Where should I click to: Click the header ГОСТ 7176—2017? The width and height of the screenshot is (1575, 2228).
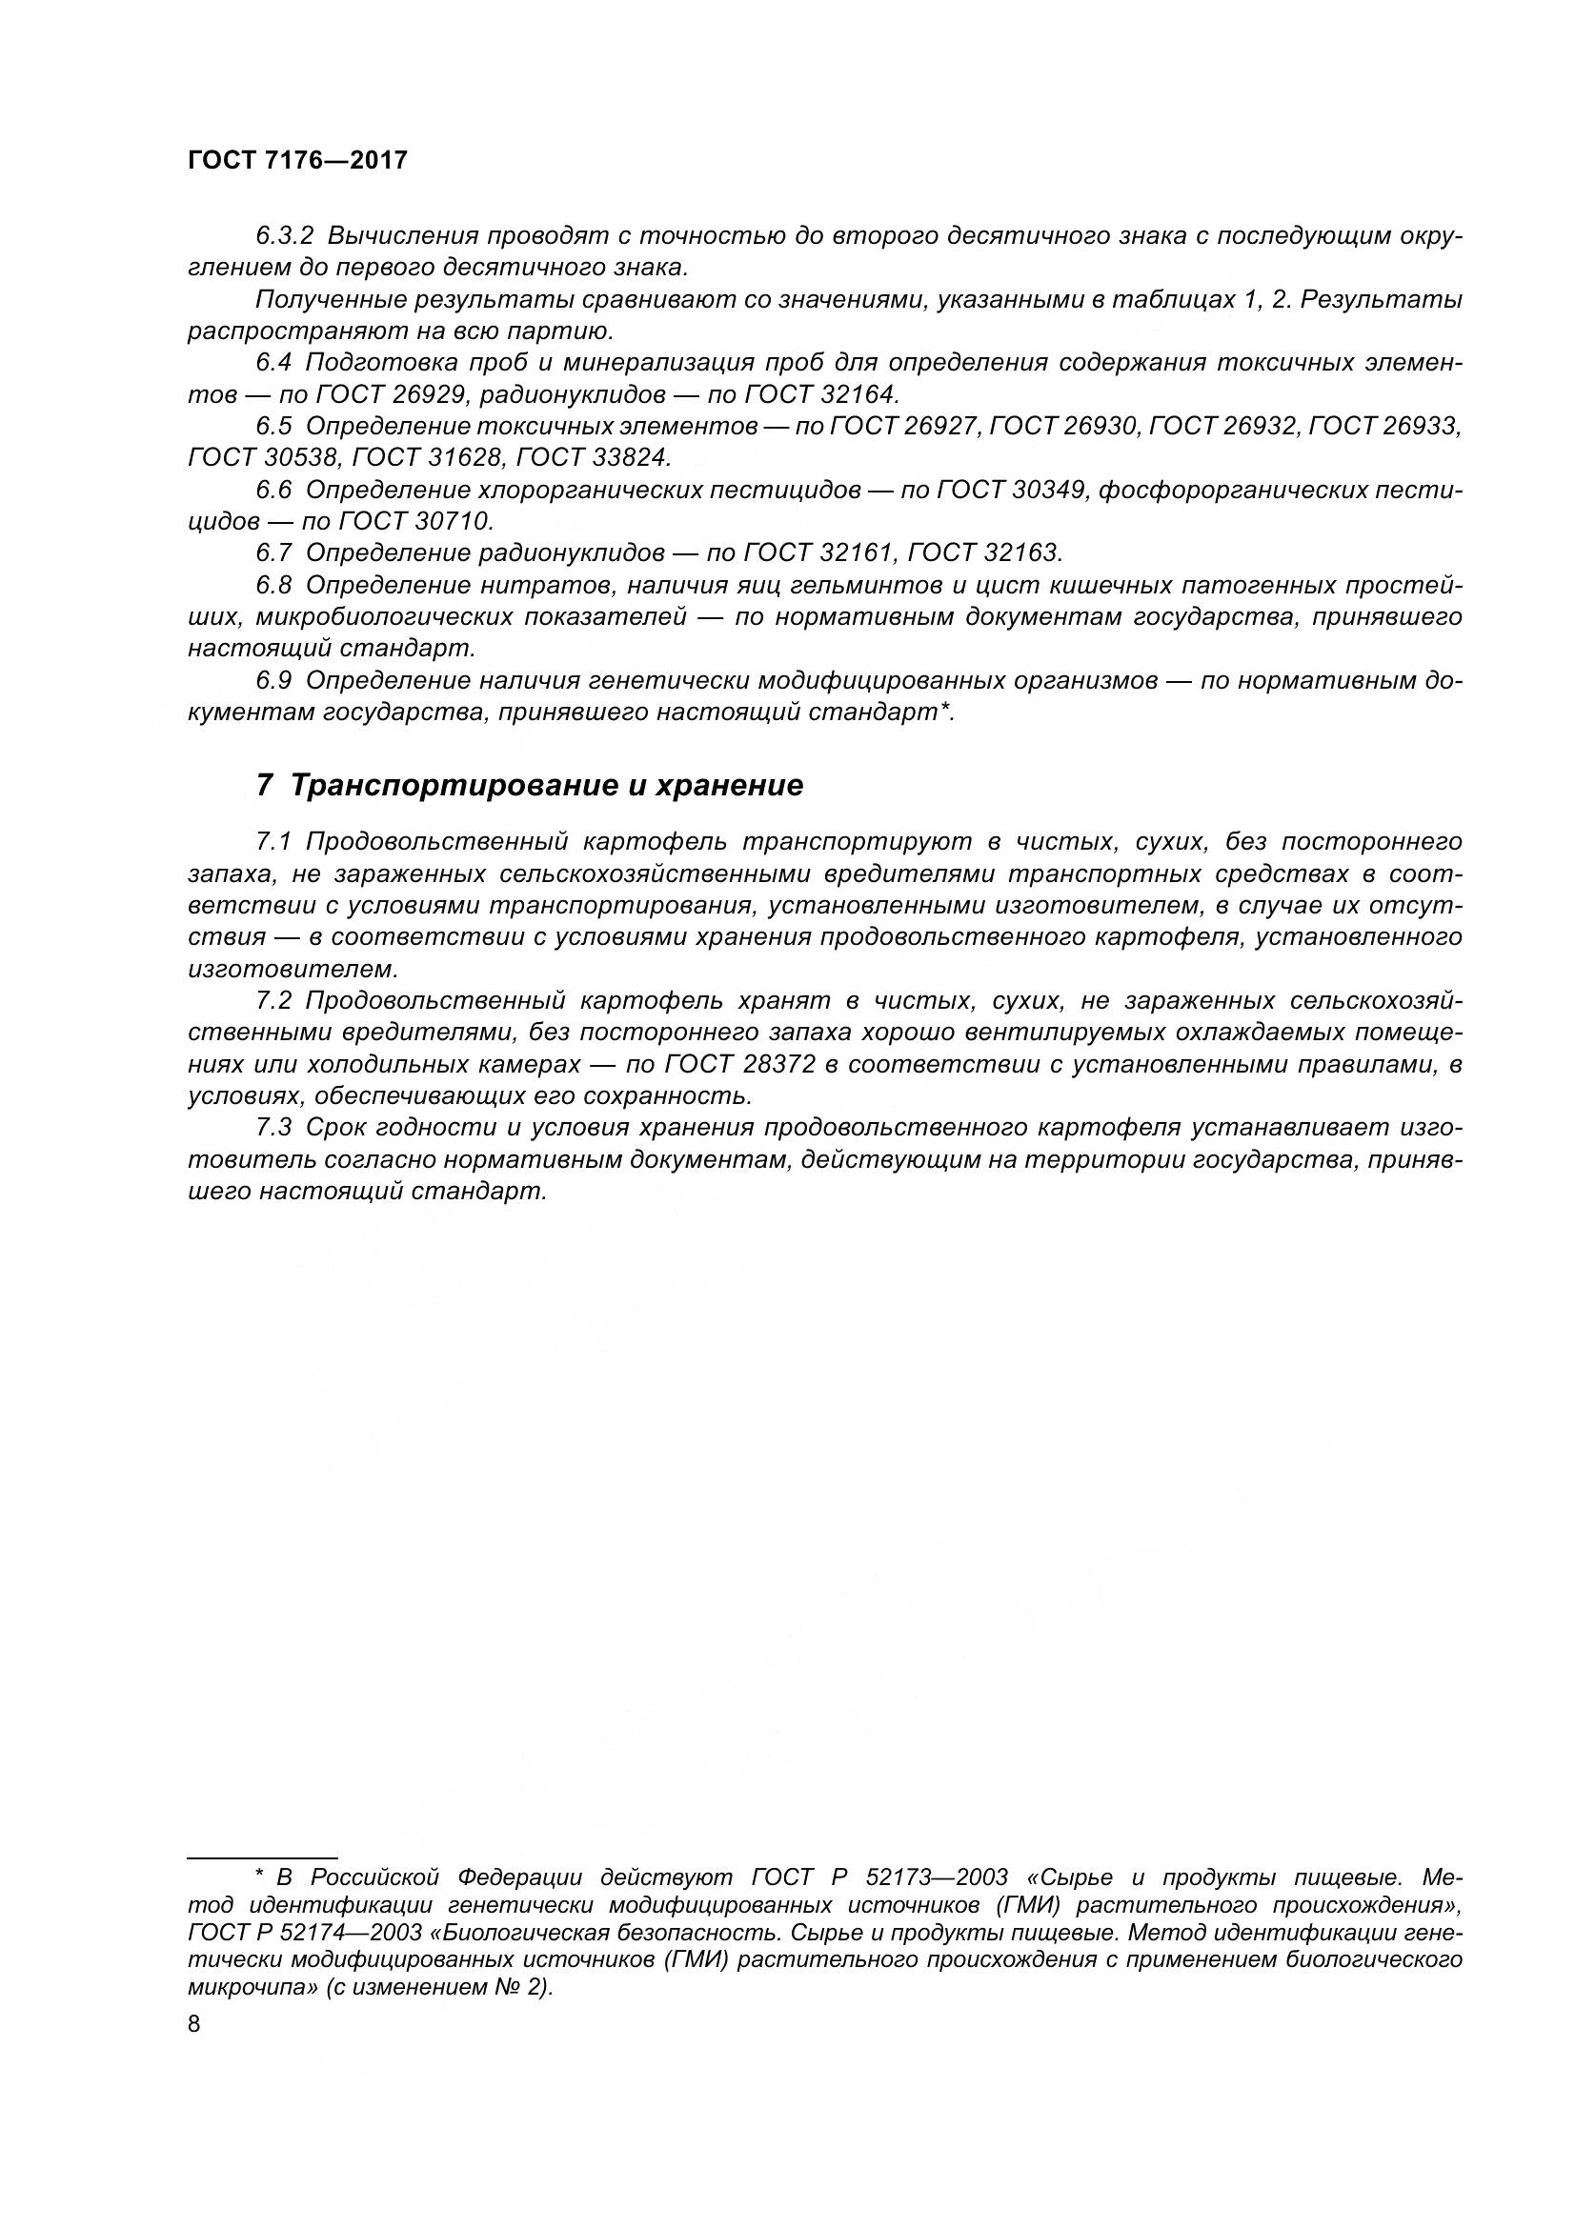click(x=297, y=161)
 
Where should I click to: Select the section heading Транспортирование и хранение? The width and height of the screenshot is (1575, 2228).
click(x=546, y=785)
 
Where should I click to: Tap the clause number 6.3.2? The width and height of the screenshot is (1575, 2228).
click(x=285, y=236)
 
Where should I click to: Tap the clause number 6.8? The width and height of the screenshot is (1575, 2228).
click(x=273, y=585)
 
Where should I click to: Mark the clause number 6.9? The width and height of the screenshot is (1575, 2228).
click(x=273, y=680)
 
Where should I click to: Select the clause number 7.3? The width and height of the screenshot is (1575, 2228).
click(x=273, y=1128)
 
